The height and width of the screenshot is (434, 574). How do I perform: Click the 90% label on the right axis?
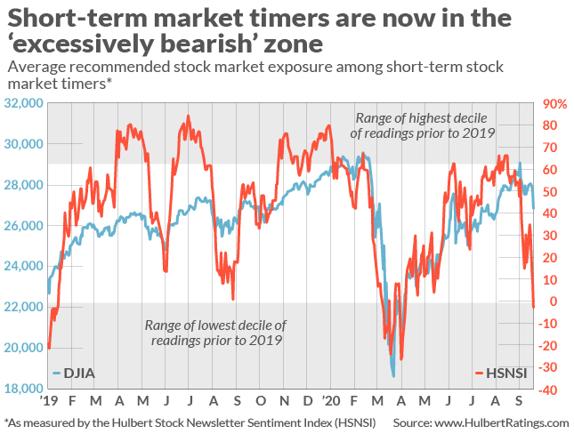click(554, 103)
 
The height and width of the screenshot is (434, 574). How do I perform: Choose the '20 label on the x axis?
click(330, 401)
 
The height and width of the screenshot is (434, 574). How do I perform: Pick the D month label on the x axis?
click(307, 401)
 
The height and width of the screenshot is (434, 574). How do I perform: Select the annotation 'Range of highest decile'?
click(425, 118)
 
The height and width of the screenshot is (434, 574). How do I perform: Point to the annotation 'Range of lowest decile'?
click(215, 325)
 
